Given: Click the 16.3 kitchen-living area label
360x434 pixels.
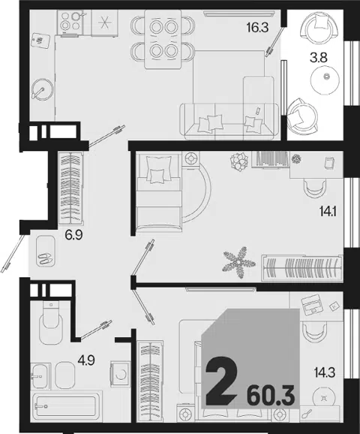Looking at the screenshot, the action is (x=258, y=28).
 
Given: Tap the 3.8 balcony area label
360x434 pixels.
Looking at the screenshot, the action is (x=319, y=58).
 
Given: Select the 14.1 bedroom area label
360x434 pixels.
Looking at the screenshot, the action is (x=328, y=212).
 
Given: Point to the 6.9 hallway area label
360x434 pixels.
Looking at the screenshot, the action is (x=73, y=235).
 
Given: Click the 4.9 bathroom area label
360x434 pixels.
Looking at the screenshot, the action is (x=85, y=360).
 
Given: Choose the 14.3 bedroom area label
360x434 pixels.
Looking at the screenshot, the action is (x=325, y=372).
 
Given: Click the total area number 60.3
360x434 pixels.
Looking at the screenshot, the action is (x=271, y=396).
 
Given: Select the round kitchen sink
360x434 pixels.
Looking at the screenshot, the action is (x=42, y=89).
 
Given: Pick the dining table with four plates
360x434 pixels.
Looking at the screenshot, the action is (x=163, y=39).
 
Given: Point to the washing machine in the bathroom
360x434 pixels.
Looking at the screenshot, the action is (x=120, y=374).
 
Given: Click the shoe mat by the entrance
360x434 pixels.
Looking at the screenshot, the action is (x=46, y=252).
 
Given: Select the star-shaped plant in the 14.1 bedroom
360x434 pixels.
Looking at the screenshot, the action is (x=238, y=262).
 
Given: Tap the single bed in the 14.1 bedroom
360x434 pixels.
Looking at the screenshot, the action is (x=159, y=192).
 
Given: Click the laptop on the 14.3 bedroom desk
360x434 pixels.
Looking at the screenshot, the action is (x=311, y=304).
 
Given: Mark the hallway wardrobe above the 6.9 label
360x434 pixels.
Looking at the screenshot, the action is (x=71, y=188).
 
